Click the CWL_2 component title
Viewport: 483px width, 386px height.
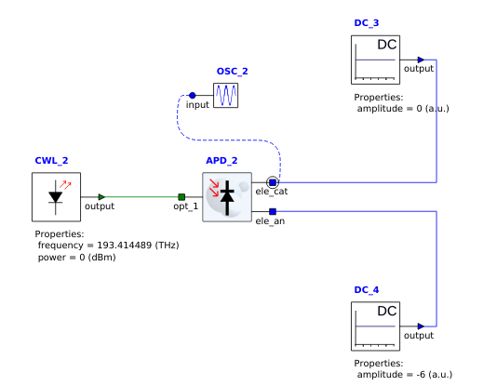51,161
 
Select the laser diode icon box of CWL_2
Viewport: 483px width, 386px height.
56,197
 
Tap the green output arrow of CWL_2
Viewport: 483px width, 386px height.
101,197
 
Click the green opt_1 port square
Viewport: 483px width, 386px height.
181,197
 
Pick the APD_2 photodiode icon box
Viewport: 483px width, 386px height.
227,197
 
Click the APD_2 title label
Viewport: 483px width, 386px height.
221,161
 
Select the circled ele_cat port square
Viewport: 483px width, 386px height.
273,182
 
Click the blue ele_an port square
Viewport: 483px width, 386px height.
273,211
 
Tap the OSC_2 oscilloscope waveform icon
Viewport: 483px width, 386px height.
226,95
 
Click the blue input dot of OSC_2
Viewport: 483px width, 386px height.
193,95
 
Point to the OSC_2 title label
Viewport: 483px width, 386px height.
233,72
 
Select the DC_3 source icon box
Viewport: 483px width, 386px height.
375,60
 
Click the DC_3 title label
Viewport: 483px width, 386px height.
367,23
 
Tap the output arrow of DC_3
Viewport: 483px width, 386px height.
421,60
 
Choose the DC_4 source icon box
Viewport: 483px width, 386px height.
375,326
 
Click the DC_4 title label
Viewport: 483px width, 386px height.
367,290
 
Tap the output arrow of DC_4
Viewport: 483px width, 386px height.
421,326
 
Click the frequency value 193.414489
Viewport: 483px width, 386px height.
125,246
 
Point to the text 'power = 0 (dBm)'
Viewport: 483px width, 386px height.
77,258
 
